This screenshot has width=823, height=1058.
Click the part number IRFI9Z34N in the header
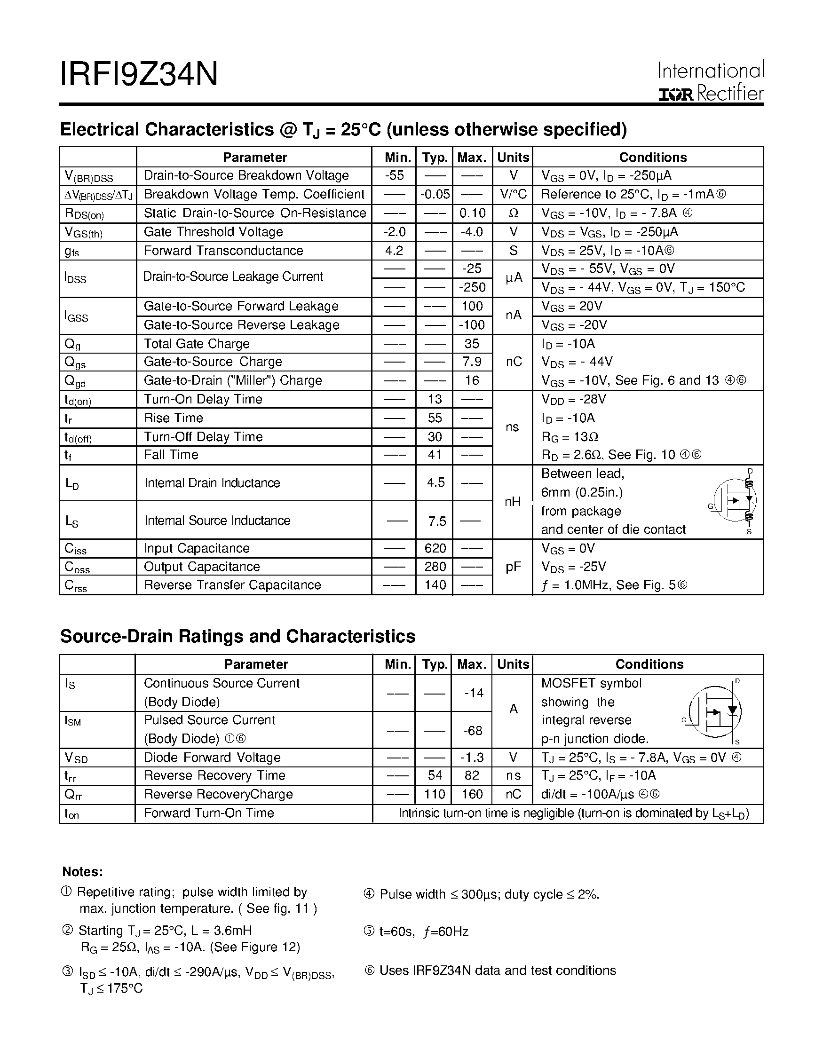[139, 74]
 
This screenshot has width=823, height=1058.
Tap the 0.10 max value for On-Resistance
[471, 213]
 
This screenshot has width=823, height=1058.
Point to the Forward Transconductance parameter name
[223, 251]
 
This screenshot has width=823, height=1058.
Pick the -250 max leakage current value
[472, 287]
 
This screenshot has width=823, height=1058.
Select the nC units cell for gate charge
[513, 362]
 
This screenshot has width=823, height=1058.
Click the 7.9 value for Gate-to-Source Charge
[471, 362]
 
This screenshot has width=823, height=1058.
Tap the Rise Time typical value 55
[435, 418]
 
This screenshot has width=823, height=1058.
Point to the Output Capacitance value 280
[435, 566]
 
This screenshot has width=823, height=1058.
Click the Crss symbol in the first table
[76, 586]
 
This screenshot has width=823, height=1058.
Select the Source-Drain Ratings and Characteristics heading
[237, 636]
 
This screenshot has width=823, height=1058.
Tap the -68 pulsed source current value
[472, 730]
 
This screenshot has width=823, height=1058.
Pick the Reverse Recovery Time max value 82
[471, 775]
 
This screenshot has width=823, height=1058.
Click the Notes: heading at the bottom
[82, 872]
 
